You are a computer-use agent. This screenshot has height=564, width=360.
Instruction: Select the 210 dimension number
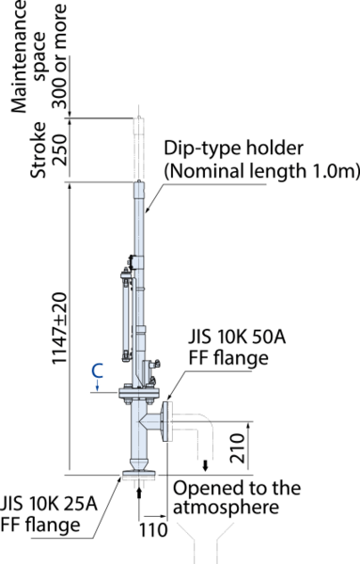tap(238, 447)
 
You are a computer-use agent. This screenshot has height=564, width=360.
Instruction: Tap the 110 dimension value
tap(153, 530)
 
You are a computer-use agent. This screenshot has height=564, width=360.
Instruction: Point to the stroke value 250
tap(60, 150)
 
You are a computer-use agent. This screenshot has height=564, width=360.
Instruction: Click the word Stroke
tap(39, 150)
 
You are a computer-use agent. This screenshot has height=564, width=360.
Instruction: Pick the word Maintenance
tap(19, 56)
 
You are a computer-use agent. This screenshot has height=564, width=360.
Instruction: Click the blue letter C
tap(98, 371)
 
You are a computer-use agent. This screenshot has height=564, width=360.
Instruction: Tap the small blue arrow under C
tap(98, 386)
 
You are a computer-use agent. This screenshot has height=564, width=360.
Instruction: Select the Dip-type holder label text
tap(234, 148)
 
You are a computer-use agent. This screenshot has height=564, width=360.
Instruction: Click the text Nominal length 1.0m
tap(262, 170)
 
